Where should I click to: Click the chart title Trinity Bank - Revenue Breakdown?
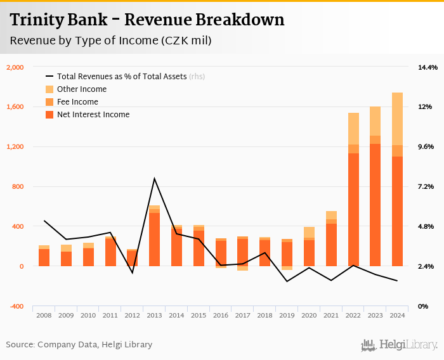click(x=147, y=20)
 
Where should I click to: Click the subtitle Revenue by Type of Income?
click(x=110, y=41)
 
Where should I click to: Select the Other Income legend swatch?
click(x=49, y=89)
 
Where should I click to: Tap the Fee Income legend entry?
click(x=77, y=102)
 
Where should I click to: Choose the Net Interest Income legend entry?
click(x=93, y=115)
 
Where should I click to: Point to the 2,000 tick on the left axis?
click(x=15, y=67)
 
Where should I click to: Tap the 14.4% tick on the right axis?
click(x=428, y=67)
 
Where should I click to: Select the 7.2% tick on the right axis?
click(x=425, y=186)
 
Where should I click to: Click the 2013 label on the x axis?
click(x=154, y=315)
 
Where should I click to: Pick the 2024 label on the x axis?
click(x=397, y=315)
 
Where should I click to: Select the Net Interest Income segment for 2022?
click(x=353, y=209)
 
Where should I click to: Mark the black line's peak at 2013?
click(x=154, y=179)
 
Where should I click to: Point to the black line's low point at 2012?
click(x=132, y=273)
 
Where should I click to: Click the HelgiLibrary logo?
click(x=399, y=345)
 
